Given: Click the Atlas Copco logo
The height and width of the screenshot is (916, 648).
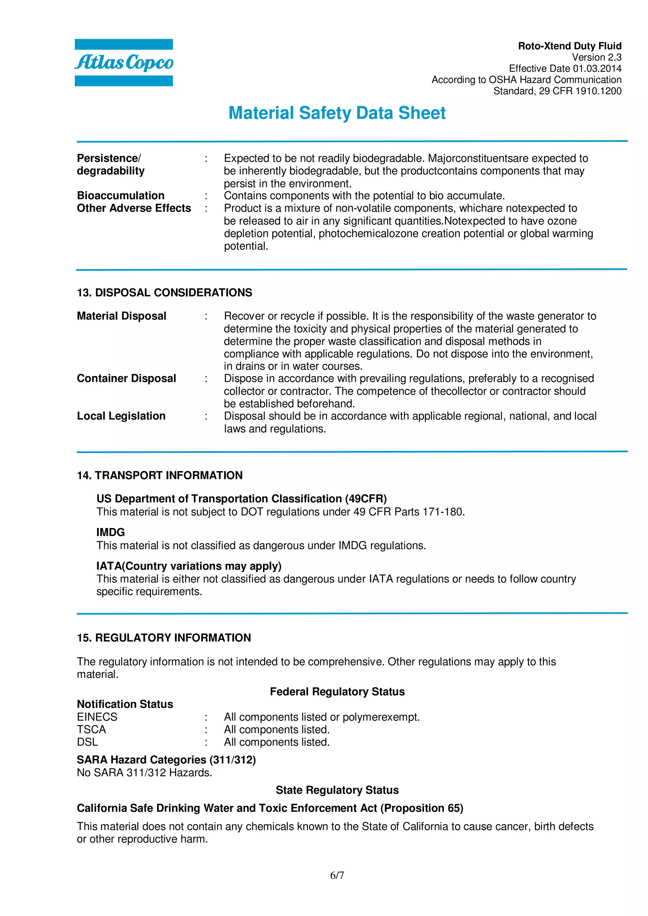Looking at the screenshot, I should [124, 63].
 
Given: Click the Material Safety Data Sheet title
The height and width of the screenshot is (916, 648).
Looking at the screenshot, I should [337, 113].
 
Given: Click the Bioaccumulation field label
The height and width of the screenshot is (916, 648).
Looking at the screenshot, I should [121, 195].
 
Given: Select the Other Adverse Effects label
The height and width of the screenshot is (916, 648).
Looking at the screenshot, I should [134, 208].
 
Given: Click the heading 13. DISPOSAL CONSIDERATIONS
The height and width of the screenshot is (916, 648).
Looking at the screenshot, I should [164, 292].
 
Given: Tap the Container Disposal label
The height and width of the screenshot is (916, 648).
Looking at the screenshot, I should [126, 378].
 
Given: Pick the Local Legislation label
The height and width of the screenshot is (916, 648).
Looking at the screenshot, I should [121, 416].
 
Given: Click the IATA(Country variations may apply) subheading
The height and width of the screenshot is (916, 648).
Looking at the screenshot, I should [189, 566].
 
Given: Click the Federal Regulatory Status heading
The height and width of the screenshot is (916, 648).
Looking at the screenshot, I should [337, 692].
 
